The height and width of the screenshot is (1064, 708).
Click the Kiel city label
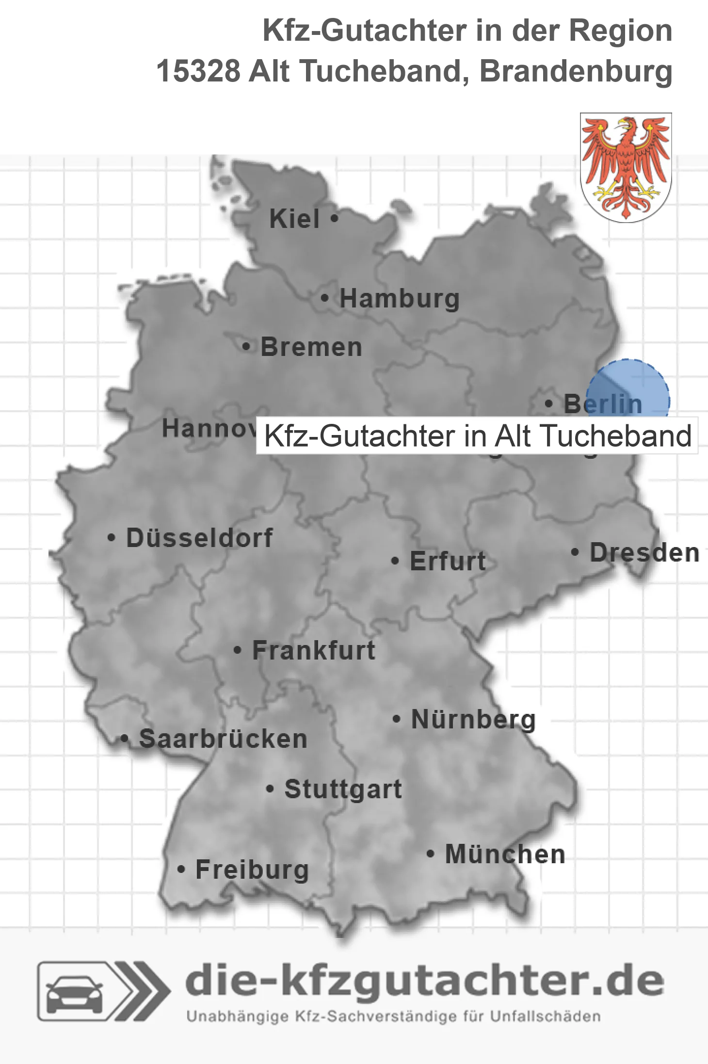[294, 219]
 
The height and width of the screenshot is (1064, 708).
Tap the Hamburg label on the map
[399, 298]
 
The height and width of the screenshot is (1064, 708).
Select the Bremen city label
[311, 347]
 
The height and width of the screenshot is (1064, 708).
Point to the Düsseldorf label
[199, 538]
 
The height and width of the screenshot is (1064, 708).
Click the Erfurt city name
[448, 561]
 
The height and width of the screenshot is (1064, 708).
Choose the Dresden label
[644, 553]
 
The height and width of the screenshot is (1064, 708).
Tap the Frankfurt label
[314, 650]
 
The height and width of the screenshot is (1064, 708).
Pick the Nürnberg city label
[473, 719]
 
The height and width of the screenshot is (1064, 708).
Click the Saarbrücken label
[223, 739]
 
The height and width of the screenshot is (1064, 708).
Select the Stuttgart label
[343, 789]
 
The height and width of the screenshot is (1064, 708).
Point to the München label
[505, 854]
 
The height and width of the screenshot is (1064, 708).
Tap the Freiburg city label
[252, 870]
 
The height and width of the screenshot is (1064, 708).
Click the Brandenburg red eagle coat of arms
[626, 167]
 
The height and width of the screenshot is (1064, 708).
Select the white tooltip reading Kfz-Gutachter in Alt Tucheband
[477, 435]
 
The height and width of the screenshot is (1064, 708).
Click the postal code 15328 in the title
[198, 71]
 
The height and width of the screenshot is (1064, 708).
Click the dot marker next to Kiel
[334, 219]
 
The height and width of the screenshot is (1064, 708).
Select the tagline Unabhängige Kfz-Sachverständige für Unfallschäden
[393, 1016]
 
